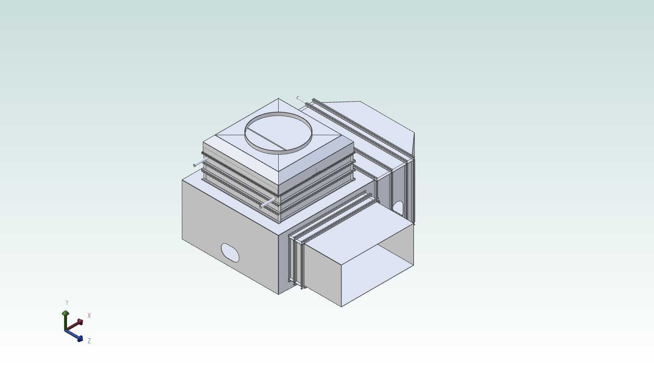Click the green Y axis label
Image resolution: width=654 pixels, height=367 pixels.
tap(67, 303)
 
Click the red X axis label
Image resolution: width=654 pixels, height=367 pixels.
tap(89, 315)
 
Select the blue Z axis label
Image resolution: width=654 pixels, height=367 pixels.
tap(89, 341)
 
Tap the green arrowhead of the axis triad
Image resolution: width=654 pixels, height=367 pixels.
tap(65, 313)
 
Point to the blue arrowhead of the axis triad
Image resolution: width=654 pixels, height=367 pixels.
tap(79, 339)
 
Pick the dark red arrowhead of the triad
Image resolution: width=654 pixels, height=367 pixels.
tap(80, 322)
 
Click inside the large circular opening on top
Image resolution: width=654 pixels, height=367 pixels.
tap(278, 133)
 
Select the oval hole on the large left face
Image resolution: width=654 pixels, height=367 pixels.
tap(230, 253)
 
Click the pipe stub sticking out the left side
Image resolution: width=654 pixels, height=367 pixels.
tap(200, 162)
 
